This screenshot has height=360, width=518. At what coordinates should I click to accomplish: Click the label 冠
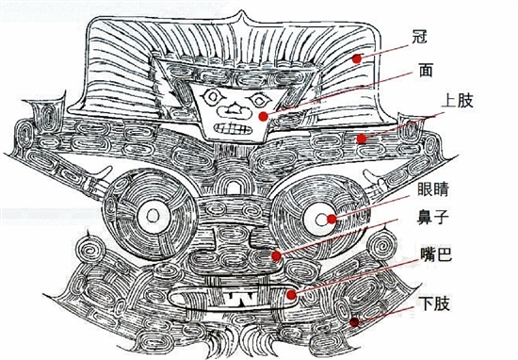click(x=419, y=37)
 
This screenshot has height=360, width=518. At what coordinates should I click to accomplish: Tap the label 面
click(x=426, y=70)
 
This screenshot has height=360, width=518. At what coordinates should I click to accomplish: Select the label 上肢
click(x=457, y=101)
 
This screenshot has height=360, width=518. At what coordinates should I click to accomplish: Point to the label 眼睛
click(x=432, y=189)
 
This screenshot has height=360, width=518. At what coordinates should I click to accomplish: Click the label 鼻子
click(x=432, y=218)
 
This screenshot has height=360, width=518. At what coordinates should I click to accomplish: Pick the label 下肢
click(x=434, y=303)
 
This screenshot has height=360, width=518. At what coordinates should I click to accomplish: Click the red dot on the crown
click(x=356, y=58)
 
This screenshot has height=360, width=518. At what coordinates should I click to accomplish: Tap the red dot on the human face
click(x=264, y=116)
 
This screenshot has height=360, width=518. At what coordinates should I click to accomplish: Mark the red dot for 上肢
click(x=362, y=139)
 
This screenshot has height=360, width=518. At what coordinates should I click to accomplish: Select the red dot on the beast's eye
click(x=332, y=220)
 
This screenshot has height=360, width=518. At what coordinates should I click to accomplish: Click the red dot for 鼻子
click(x=276, y=255)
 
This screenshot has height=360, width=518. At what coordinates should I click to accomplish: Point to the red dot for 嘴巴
click(x=291, y=294)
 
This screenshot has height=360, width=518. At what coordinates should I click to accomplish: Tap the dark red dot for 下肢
click(x=354, y=322)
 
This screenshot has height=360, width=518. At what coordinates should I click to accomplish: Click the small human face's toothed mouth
click(x=233, y=129)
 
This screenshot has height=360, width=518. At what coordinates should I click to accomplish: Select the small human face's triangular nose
click(x=235, y=107)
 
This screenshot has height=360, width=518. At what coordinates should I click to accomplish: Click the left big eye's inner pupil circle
click(x=153, y=217)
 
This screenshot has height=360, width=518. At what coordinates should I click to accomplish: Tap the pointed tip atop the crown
click(x=243, y=11)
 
